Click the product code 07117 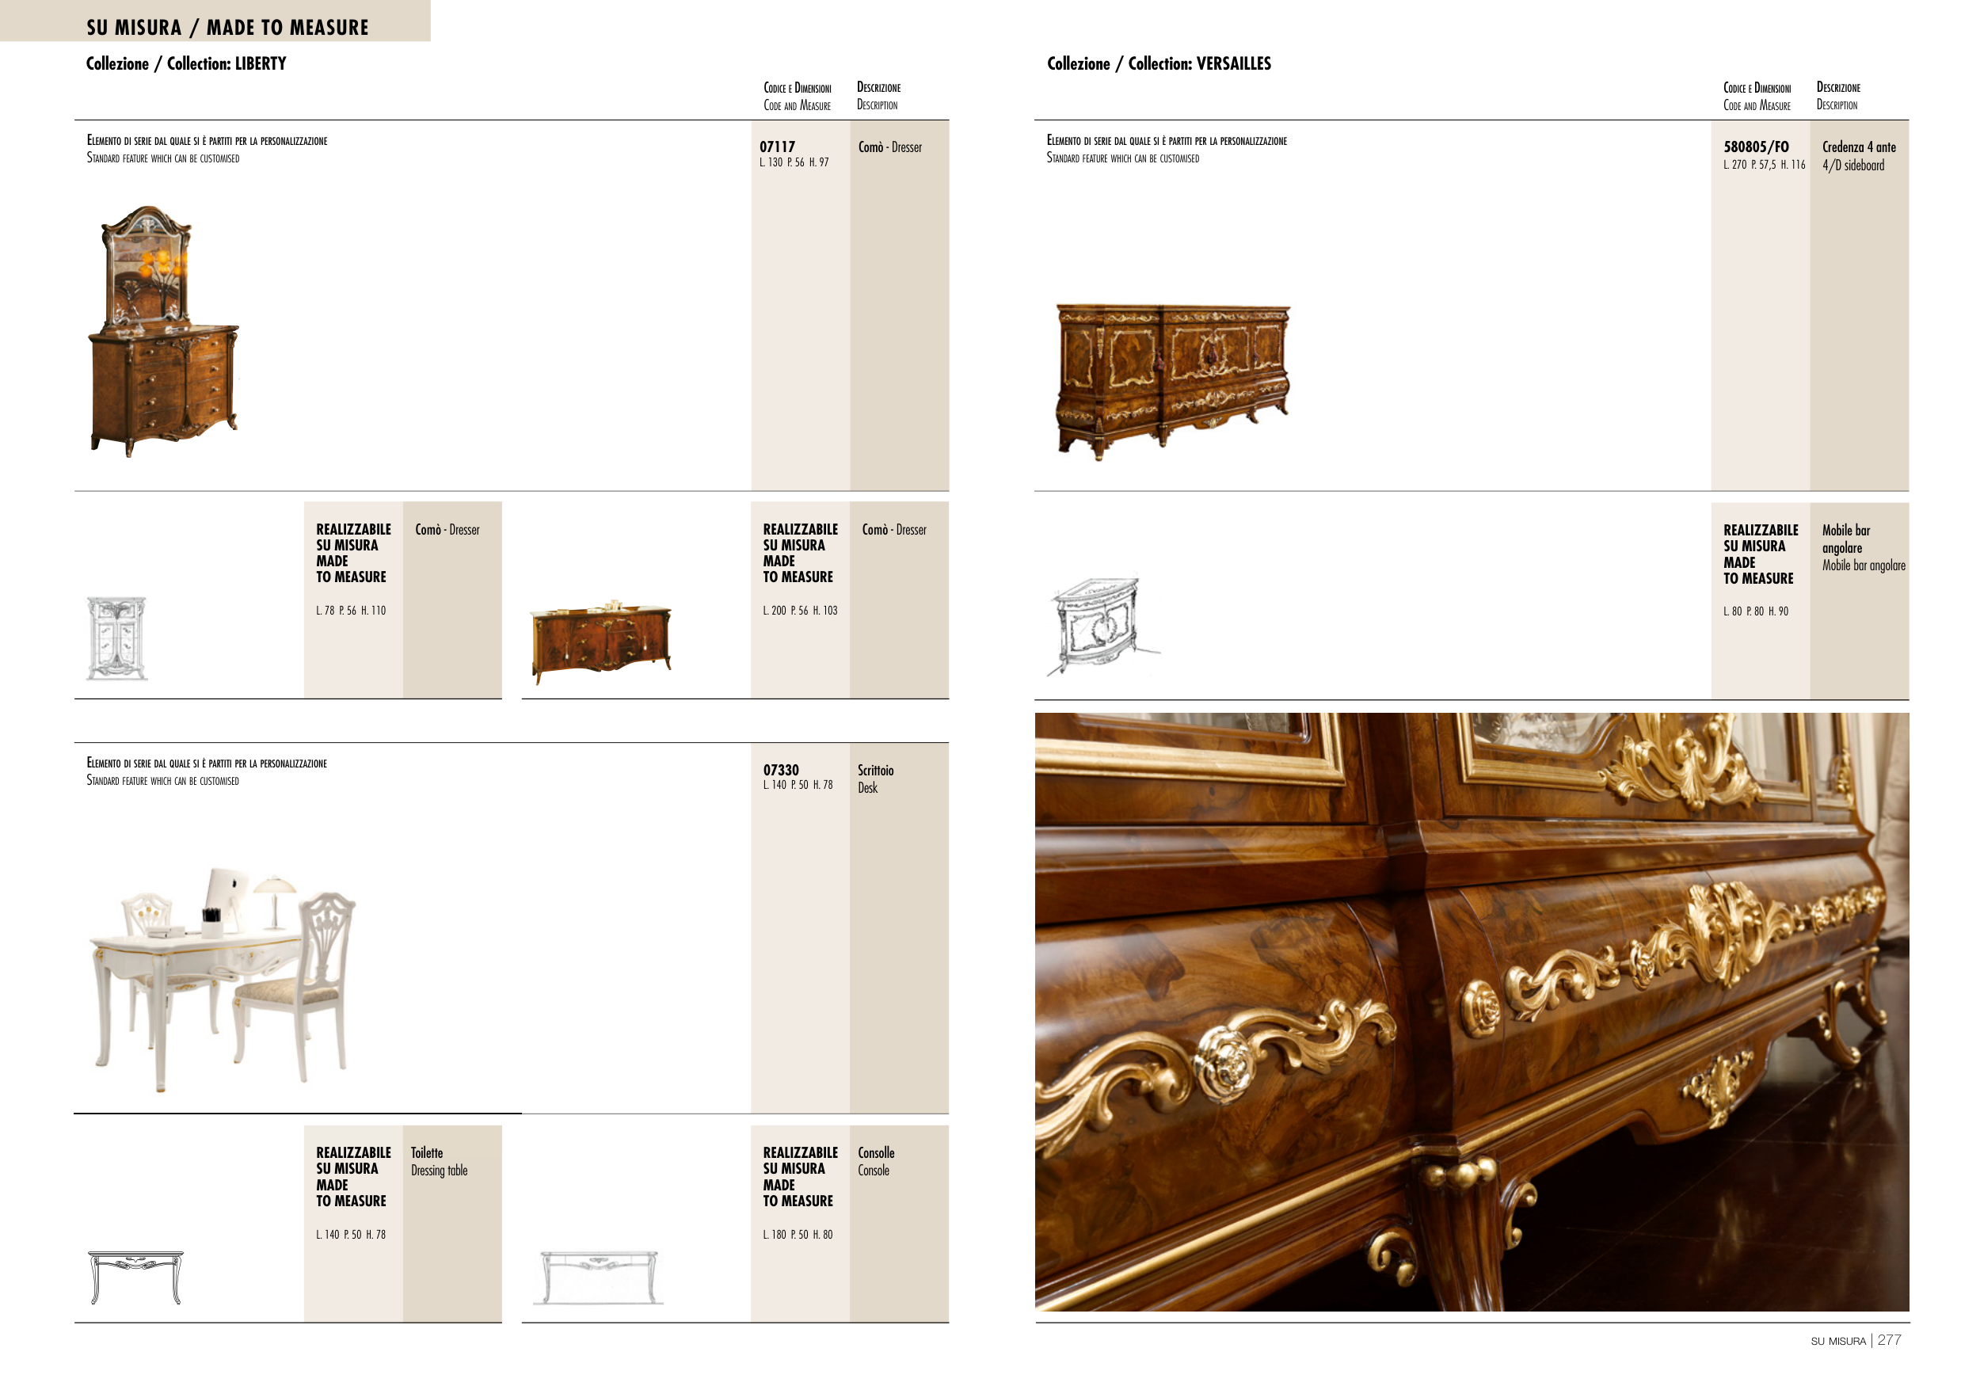click(777, 147)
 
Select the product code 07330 click(780, 770)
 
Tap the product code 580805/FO click(1756, 147)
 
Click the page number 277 click(1889, 1339)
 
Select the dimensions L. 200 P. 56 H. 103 click(799, 611)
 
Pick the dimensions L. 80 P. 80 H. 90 click(1756, 611)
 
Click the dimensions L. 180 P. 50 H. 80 click(798, 1235)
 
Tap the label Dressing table click(439, 1171)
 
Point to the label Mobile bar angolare click(1864, 565)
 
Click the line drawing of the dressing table click(136, 1277)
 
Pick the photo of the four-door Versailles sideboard click(1173, 379)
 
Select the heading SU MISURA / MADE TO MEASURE click(227, 28)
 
